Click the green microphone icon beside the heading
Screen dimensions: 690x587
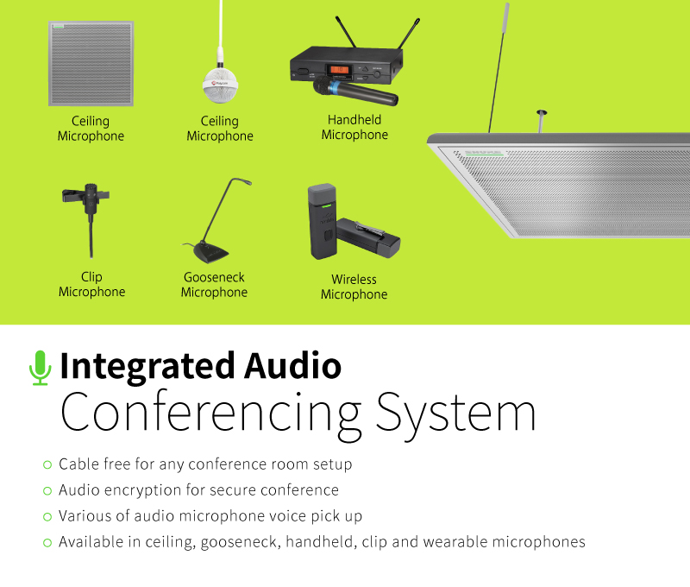40,368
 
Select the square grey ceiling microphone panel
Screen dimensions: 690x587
91,63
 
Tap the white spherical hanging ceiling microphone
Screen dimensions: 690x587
220,85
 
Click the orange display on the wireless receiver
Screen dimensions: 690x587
340,70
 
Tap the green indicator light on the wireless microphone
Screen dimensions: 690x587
327,205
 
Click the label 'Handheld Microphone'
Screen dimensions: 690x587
354,127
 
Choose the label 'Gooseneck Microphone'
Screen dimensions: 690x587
214,285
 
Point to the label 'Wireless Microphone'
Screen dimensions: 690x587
354,287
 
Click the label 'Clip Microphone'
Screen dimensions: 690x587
92,284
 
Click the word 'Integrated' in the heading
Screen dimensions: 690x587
147,367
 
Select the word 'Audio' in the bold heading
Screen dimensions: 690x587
293,366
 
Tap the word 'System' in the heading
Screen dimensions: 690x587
456,415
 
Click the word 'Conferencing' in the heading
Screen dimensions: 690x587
210,415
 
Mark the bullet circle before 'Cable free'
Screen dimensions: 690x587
47,464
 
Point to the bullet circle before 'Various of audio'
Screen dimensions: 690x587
47,516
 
